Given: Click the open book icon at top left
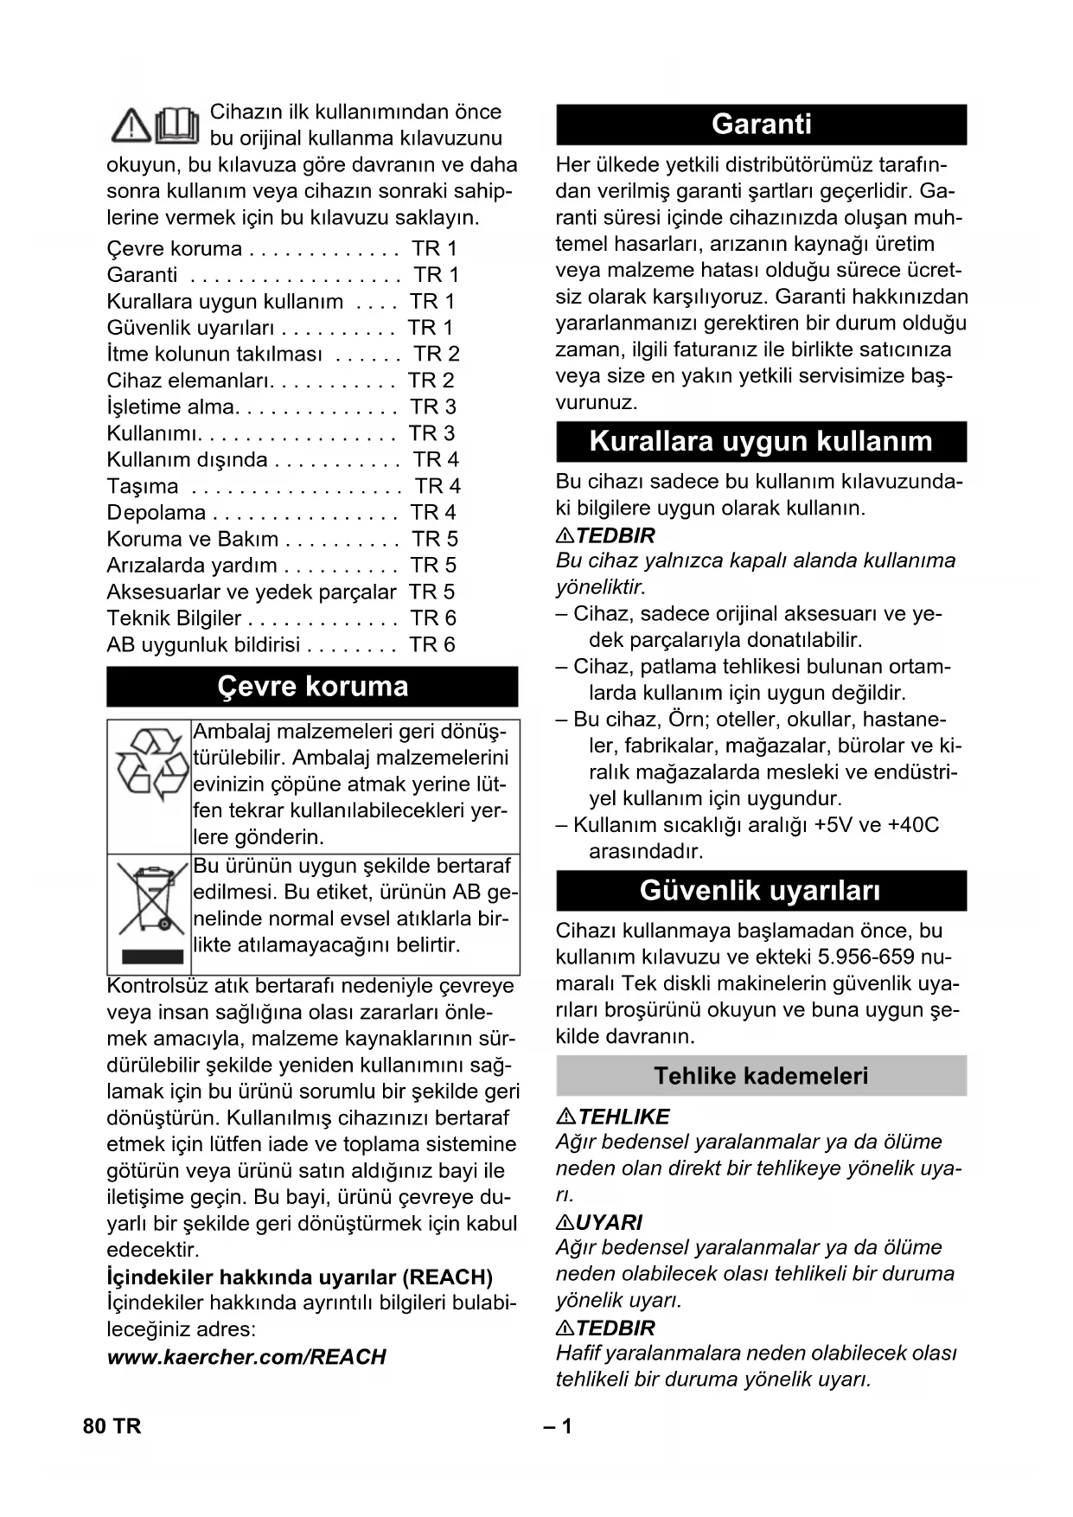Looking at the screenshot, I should [178, 125].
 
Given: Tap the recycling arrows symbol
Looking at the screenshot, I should [150, 765].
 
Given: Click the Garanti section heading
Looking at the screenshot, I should [761, 125].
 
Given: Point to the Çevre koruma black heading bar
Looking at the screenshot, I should [312, 687].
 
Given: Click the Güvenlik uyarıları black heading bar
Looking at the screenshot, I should [761, 891].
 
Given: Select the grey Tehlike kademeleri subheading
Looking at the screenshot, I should [761, 1076].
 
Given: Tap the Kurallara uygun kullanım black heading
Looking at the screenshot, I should [761, 441].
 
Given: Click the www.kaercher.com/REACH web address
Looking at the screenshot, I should [246, 1357].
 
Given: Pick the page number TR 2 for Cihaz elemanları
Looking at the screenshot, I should [431, 381].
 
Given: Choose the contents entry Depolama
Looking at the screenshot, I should [156, 513].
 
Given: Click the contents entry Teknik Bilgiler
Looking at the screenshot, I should [174, 618].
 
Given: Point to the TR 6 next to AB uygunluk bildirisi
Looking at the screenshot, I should [431, 645].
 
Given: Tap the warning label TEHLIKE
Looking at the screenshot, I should [623, 1117].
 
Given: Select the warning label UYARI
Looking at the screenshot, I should [609, 1222].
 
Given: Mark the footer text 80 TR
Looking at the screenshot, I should [112, 1426].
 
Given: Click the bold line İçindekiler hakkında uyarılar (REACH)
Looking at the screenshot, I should [299, 1277].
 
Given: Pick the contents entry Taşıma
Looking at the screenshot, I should [143, 486].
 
